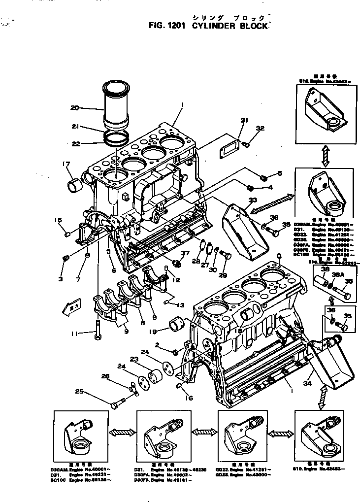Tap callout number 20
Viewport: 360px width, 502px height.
75,107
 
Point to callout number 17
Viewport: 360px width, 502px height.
65,165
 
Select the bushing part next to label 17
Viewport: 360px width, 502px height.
74,186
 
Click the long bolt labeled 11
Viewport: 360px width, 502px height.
98,327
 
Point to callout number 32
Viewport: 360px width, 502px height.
260,129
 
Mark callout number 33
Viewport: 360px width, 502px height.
253,200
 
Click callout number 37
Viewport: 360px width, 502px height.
185,254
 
